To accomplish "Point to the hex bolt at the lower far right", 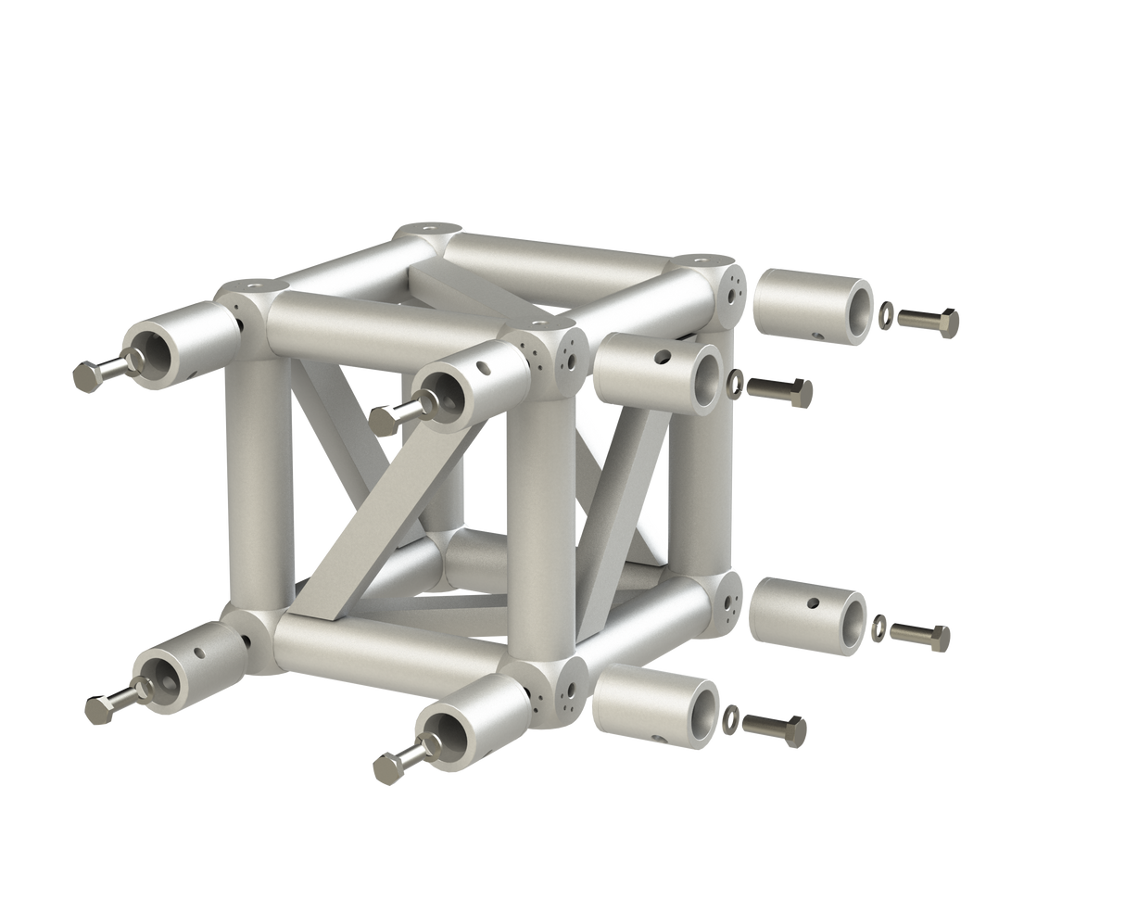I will click(x=938, y=636).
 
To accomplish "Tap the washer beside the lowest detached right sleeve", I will click(x=732, y=713).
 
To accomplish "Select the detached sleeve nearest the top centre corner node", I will click(x=658, y=375).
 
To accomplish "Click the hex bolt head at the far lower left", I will click(x=97, y=709).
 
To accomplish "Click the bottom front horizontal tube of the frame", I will click(x=389, y=640).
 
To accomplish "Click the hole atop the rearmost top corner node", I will click(x=430, y=225).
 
